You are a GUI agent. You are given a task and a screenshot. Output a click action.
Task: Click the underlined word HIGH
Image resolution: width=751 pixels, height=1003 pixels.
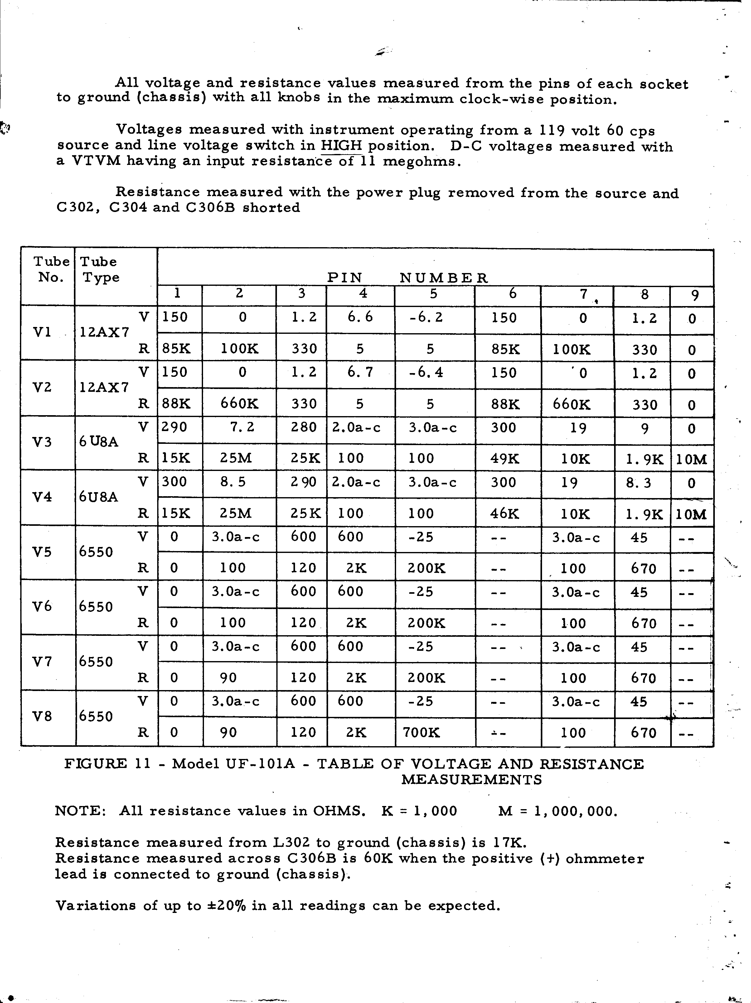tap(341, 146)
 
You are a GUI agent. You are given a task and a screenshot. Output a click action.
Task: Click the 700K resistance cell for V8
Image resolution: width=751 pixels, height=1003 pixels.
tap(421, 732)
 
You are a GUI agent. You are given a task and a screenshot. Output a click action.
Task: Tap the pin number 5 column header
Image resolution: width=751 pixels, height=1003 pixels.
tap(434, 294)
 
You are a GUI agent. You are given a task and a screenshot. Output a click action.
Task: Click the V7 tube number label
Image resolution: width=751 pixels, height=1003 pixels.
tap(42, 662)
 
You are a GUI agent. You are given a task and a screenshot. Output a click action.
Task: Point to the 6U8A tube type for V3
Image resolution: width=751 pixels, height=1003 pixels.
tap(99, 442)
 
